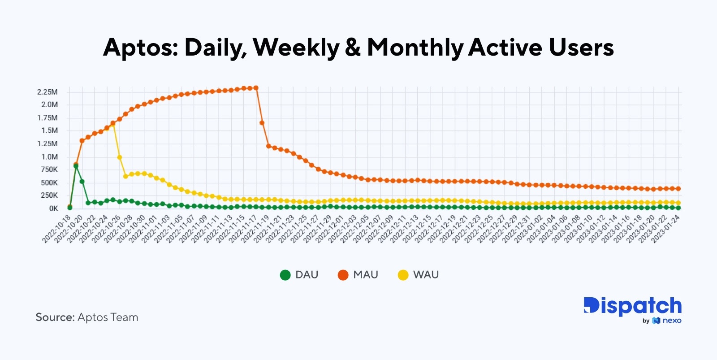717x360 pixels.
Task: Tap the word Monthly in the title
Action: point(415,48)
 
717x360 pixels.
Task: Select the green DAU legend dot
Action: point(285,275)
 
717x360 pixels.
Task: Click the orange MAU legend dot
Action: point(343,275)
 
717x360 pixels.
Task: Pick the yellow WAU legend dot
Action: point(403,275)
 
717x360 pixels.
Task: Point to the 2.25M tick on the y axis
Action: point(48,92)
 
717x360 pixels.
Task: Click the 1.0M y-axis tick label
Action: point(49,157)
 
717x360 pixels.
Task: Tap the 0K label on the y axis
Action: point(53,208)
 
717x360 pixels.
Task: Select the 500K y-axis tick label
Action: point(49,182)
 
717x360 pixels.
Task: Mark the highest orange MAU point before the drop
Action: point(256,88)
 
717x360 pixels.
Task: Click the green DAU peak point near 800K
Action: point(76,166)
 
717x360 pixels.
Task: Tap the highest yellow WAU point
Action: point(113,126)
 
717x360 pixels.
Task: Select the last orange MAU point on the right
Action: point(678,189)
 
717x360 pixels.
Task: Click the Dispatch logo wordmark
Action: point(632,306)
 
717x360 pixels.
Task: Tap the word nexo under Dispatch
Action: point(672,321)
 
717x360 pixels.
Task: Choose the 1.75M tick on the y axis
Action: point(48,118)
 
